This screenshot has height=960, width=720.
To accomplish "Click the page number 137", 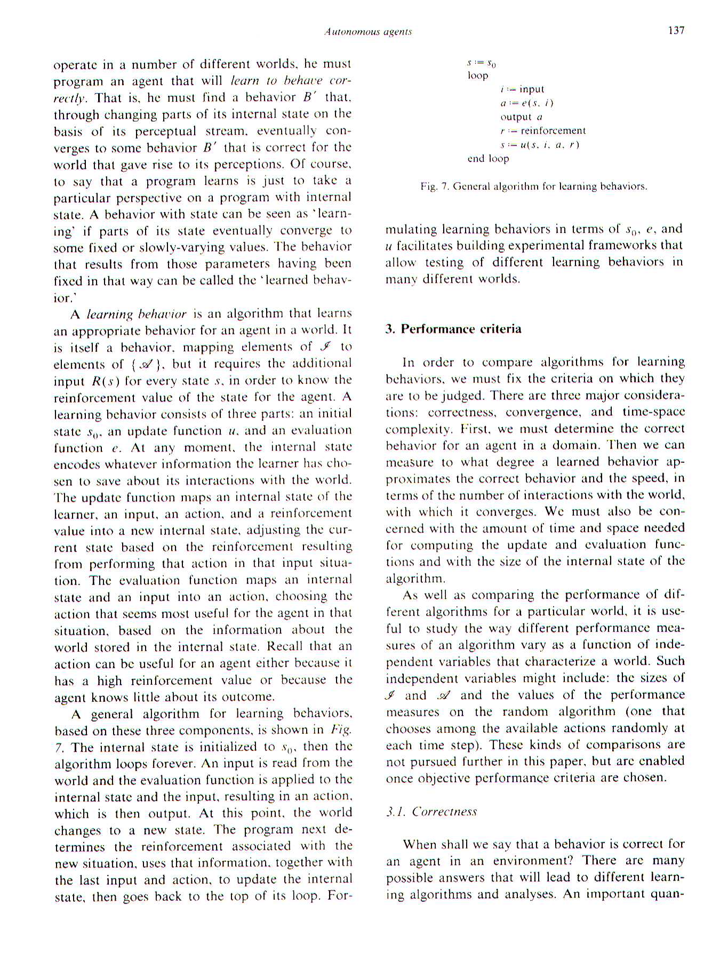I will pos(676,30).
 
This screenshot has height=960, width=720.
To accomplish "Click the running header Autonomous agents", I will pos(368,32).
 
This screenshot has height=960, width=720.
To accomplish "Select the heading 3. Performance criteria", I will pos(453,329).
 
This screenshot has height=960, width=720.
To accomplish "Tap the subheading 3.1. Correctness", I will pos(431,811).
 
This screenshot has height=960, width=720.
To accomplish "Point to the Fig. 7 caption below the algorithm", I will pos(533,186).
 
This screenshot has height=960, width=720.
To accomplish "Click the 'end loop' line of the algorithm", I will pos(488,158).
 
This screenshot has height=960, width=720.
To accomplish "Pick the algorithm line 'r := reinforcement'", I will pos(542,131).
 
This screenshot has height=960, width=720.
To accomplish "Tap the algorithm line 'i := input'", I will pos(522,89).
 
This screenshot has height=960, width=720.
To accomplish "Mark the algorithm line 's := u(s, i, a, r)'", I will pos(539,145).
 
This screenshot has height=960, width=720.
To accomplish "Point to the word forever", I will pos(177,763).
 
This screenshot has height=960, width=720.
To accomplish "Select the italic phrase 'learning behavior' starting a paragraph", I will pos(137,314).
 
